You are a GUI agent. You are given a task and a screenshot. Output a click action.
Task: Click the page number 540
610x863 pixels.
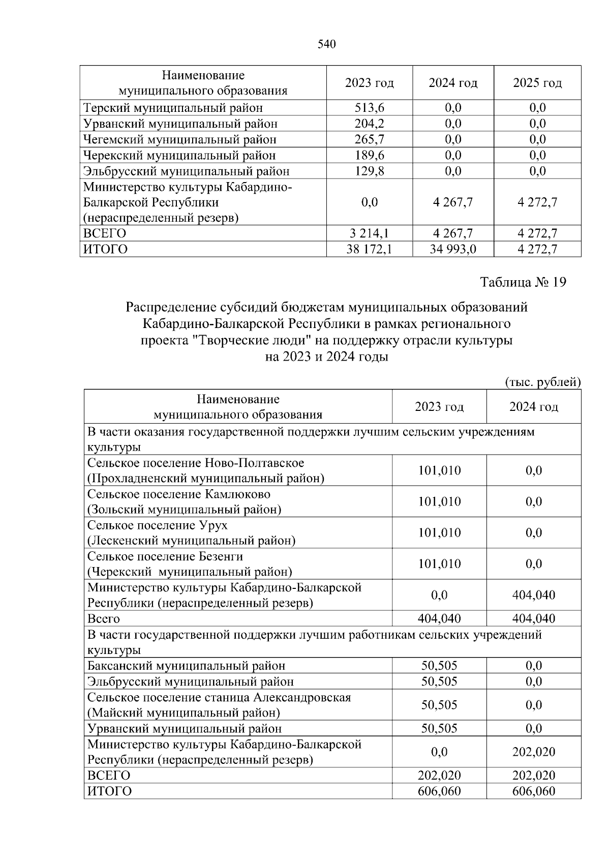327,45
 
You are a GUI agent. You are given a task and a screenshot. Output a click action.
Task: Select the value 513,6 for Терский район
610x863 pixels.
369,108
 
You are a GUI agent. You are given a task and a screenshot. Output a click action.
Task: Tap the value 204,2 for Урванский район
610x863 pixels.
369,124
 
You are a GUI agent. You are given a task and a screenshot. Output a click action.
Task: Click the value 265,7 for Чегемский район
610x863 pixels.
369,139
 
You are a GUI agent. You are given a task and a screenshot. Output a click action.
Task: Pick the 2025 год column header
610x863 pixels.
537,83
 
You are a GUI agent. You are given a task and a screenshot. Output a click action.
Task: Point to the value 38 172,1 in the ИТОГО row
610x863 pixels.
369,249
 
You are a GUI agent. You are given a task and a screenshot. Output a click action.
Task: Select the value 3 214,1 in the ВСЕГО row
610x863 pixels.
369,233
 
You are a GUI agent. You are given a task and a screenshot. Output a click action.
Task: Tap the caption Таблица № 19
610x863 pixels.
523,282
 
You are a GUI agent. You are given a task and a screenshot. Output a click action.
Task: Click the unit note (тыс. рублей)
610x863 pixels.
542,382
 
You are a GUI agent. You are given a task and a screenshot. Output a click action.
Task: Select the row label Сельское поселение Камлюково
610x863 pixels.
179,494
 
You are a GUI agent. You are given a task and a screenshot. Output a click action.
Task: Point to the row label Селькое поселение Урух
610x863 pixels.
158,525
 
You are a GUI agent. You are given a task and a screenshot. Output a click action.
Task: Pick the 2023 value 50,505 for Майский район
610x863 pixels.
439,705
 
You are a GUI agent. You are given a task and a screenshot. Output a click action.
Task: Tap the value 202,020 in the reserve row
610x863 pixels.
534,752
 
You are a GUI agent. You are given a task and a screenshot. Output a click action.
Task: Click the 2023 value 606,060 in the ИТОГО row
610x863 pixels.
439,791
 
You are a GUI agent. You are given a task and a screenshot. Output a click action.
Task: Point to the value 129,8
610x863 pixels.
369,171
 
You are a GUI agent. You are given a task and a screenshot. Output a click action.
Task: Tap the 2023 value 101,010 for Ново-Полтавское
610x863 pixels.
439,470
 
